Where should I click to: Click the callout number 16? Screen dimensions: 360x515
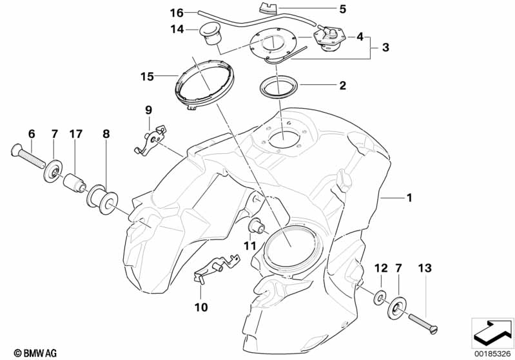pyautogui.click(x=159, y=12)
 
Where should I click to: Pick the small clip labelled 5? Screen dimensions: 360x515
pyautogui.click(x=266, y=8)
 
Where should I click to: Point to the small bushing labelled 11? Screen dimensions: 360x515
pyautogui.click(x=257, y=227)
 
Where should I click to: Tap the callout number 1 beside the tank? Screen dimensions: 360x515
pyautogui.click(x=408, y=199)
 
